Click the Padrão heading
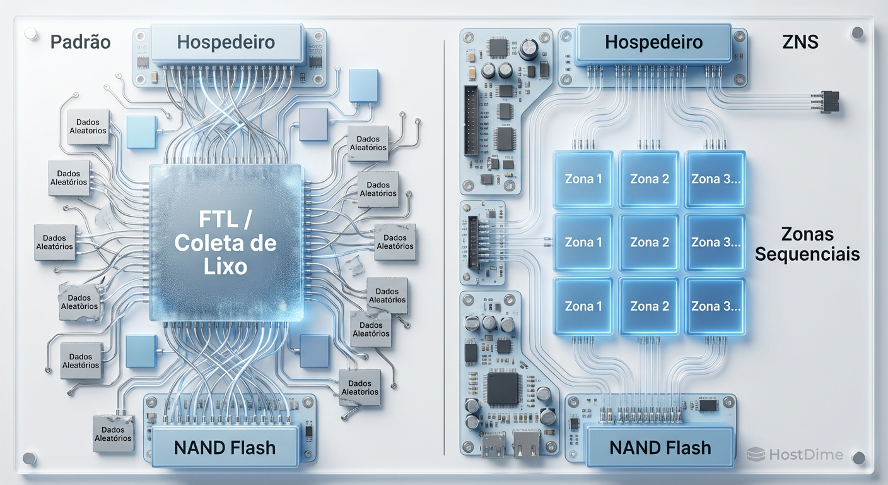point(80,42)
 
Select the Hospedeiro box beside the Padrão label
point(226,43)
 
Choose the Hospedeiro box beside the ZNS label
point(653,43)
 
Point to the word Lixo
point(225,266)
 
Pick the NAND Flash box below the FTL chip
point(225,448)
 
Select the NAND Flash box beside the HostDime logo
point(660,448)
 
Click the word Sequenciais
point(807,254)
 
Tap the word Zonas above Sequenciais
point(807,234)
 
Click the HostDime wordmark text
point(805,455)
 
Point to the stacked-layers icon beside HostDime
point(756,454)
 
